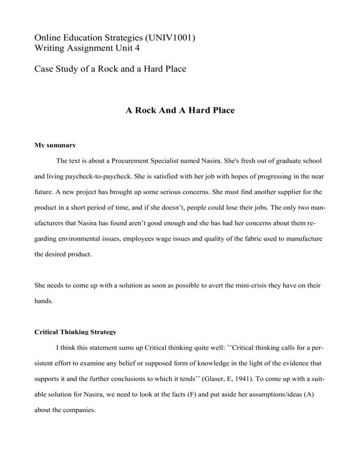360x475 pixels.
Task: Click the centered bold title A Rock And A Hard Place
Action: [180, 110]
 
